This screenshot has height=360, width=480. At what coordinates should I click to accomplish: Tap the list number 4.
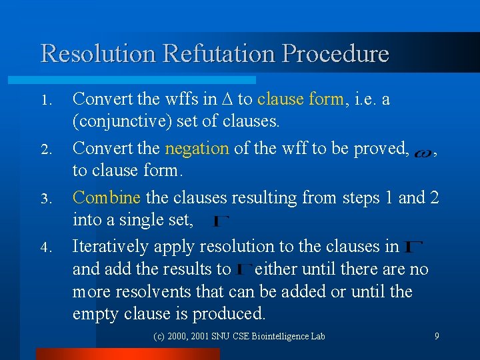click(45, 249)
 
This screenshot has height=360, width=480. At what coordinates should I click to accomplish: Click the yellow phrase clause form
click(301, 99)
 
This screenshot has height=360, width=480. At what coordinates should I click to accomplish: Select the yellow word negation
click(197, 149)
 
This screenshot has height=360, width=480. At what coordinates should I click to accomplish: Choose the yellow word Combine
click(107, 198)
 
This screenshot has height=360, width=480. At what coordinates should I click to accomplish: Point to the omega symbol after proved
click(422, 153)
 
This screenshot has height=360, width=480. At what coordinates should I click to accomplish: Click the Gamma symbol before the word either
click(244, 270)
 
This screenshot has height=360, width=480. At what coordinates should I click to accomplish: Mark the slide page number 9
click(437, 336)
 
